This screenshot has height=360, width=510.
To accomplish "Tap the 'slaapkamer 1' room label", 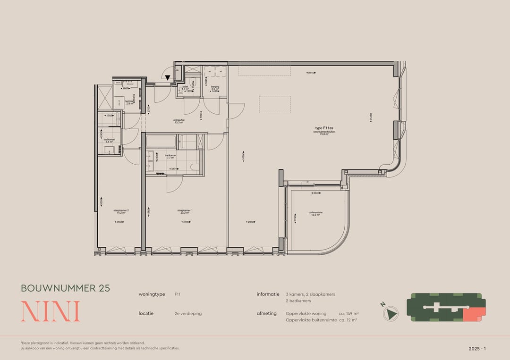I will (184, 211).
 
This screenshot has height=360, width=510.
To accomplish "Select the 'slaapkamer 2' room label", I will (121, 211).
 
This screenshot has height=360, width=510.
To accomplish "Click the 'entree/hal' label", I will (178, 121).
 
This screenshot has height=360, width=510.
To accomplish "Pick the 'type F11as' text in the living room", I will (324, 128).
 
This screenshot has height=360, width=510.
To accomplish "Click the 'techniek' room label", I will (129, 101).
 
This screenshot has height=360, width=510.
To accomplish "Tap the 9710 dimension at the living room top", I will (311, 73).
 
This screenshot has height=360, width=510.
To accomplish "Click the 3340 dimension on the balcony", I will (317, 193).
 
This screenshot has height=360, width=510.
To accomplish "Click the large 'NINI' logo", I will (50, 311).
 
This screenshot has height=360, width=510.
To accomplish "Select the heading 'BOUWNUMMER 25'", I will (65, 288).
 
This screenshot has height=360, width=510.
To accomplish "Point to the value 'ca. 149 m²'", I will (349, 313).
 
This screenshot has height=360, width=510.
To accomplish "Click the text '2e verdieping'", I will (188, 313).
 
